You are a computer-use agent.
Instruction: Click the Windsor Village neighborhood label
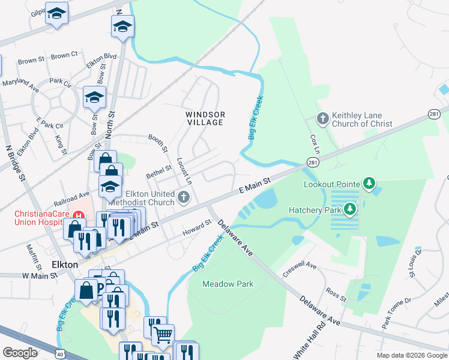pos(205,118)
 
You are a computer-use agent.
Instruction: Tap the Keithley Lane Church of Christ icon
pos(322,119)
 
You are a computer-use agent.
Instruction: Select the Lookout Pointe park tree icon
pos(370,184)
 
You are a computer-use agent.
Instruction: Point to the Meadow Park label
pos(228,284)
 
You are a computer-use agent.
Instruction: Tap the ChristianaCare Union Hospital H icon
pos(77,215)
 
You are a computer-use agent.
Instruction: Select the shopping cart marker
pos(163,334)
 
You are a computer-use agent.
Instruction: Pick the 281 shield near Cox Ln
pos(313,163)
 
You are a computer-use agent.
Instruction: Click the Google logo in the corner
pos(20,353)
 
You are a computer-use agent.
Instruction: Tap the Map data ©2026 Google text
pos(412,355)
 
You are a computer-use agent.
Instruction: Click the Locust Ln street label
pos(185,171)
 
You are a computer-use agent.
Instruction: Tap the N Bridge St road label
pos(16,163)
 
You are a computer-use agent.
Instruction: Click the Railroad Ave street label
pos(71,194)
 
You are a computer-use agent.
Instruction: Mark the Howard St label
pos(197,227)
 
